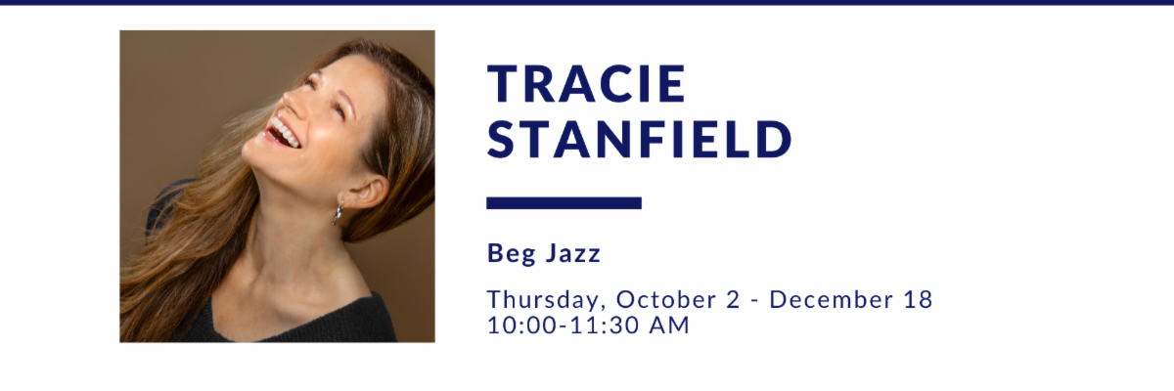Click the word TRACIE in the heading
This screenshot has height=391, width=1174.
586,83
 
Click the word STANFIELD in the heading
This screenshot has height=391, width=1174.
640,139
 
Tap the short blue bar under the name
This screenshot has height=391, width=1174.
564,203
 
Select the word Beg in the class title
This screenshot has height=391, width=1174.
512,254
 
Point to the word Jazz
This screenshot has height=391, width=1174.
573,253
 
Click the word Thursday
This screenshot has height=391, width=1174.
543,300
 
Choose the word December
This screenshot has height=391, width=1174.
832,299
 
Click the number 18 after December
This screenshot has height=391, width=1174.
919,300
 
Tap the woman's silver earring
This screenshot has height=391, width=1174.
339,213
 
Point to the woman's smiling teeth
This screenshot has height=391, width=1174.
285,131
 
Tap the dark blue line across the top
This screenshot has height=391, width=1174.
587,3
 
